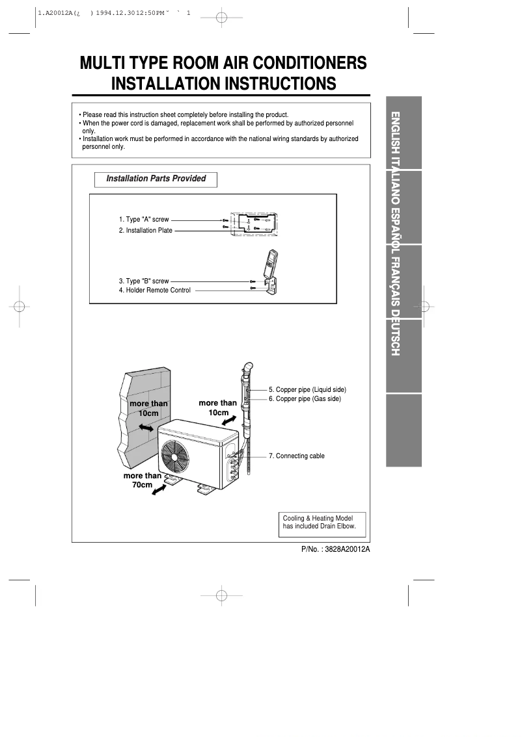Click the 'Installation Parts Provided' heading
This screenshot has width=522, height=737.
(156, 179)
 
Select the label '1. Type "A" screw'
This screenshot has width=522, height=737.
(144, 220)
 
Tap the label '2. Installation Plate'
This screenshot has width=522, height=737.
(146, 230)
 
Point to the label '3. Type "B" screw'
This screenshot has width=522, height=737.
(144, 281)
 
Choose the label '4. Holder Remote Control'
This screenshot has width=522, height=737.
(155, 291)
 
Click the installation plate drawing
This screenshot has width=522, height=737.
(254, 224)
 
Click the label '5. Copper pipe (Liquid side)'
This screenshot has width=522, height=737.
(307, 390)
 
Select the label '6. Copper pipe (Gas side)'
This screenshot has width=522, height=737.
(305, 399)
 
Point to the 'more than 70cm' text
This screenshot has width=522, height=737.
(143, 480)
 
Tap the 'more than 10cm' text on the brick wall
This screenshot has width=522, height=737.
(148, 408)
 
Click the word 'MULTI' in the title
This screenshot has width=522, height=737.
(102, 64)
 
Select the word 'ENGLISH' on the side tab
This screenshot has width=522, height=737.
(394, 133)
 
